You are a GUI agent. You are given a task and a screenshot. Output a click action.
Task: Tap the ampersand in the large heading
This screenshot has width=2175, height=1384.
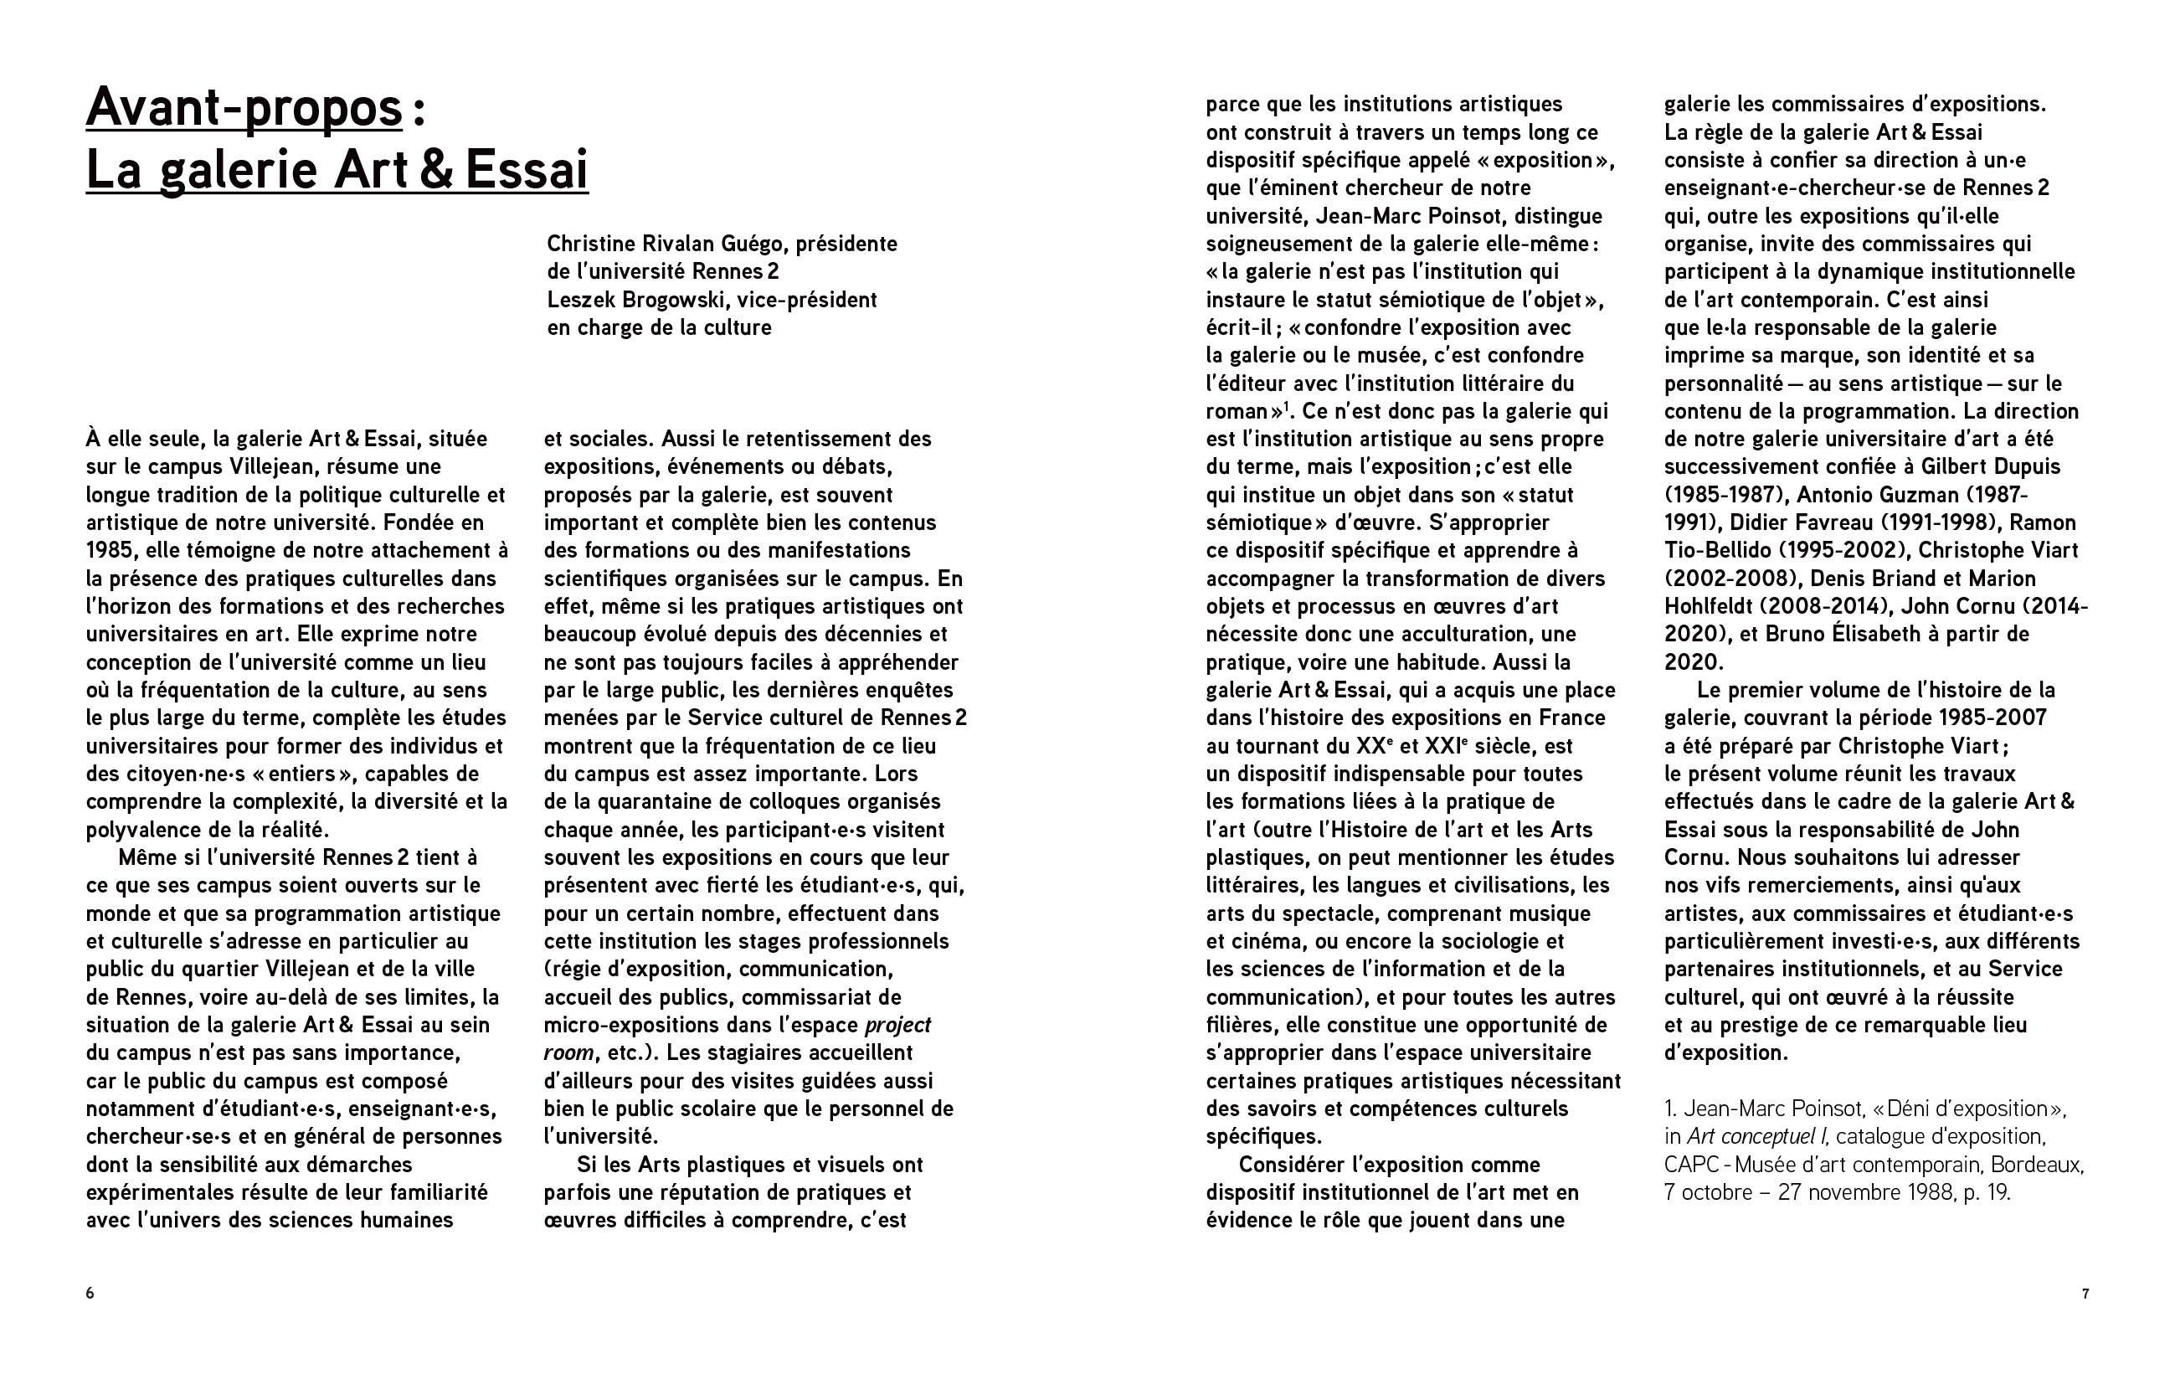click(436, 170)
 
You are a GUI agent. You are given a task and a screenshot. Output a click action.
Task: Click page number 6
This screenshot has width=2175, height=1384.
click(90, 1293)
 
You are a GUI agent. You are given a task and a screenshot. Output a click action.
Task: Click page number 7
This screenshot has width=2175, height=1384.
click(2085, 1293)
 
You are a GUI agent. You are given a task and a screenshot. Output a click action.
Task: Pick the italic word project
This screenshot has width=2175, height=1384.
click(897, 1026)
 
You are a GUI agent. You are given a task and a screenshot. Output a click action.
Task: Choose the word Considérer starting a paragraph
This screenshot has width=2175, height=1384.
click(1291, 1165)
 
